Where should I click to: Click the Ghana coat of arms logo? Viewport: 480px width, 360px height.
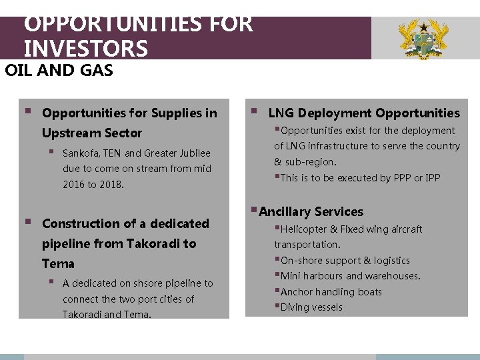[423, 39]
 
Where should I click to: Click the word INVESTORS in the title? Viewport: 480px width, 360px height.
[85, 49]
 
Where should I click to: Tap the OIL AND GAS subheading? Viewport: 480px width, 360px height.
[59, 70]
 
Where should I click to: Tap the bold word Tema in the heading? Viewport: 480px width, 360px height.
[58, 263]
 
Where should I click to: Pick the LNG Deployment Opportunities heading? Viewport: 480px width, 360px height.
[364, 113]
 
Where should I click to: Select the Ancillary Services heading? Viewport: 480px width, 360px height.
[311, 212]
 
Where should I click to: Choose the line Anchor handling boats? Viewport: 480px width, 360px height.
[331, 292]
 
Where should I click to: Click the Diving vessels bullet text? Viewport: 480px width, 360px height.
[311, 307]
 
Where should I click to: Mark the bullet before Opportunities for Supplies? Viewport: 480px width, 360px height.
[27, 112]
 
